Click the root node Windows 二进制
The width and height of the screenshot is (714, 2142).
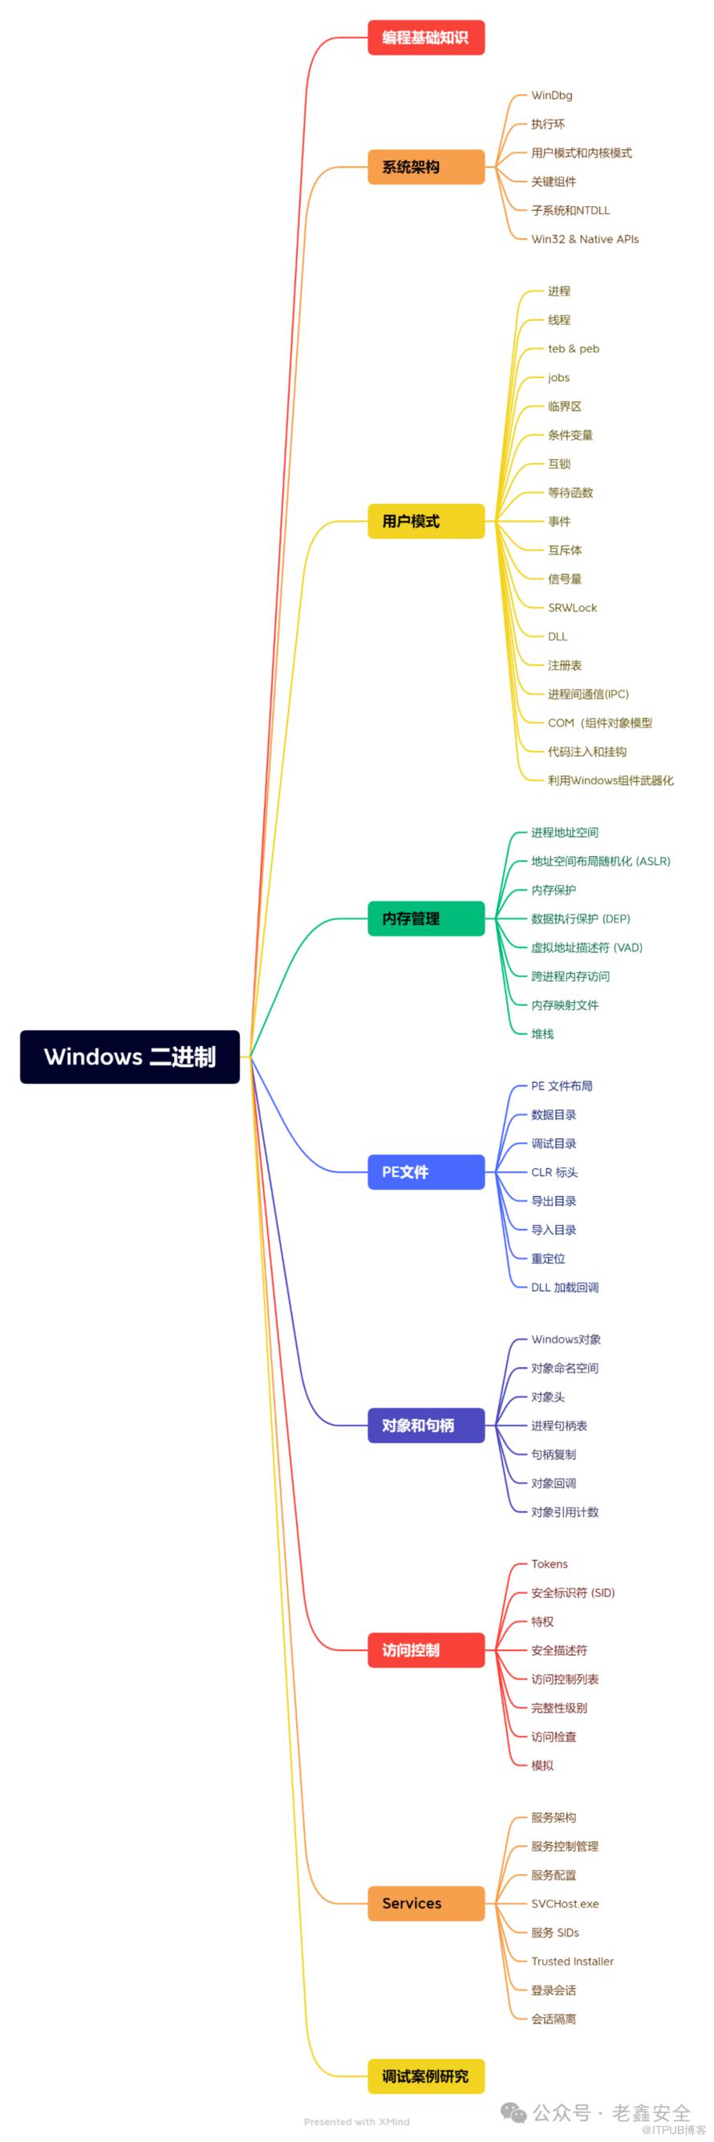[130, 1056]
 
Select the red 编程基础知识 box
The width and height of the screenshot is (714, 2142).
[425, 38]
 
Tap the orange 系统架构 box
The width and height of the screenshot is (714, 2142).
[425, 167]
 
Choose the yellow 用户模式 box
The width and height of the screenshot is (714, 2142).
[425, 521]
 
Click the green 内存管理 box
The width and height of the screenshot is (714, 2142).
[425, 918]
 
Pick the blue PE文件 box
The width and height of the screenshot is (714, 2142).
[425, 1171]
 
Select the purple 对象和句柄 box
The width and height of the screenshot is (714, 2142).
[425, 1426]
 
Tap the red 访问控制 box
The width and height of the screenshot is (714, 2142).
[425, 1649]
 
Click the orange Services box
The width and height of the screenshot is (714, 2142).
[425, 1904]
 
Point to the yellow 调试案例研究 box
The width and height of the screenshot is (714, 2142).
[425, 2075]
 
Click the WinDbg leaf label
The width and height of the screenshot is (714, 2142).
[552, 95]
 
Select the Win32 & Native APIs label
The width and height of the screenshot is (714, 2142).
[584, 240]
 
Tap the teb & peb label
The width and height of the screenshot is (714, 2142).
[574, 349]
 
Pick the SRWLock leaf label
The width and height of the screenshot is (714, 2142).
[572, 608]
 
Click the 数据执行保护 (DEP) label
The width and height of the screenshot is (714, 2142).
[580, 919]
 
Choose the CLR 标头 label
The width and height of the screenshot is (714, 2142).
[554, 1172]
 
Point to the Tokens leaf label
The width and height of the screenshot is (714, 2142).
[550, 1564]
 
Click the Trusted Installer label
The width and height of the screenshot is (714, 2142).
[572, 1961]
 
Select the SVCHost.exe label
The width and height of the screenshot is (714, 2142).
[565, 1904]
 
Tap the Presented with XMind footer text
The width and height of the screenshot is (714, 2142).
[356, 2121]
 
